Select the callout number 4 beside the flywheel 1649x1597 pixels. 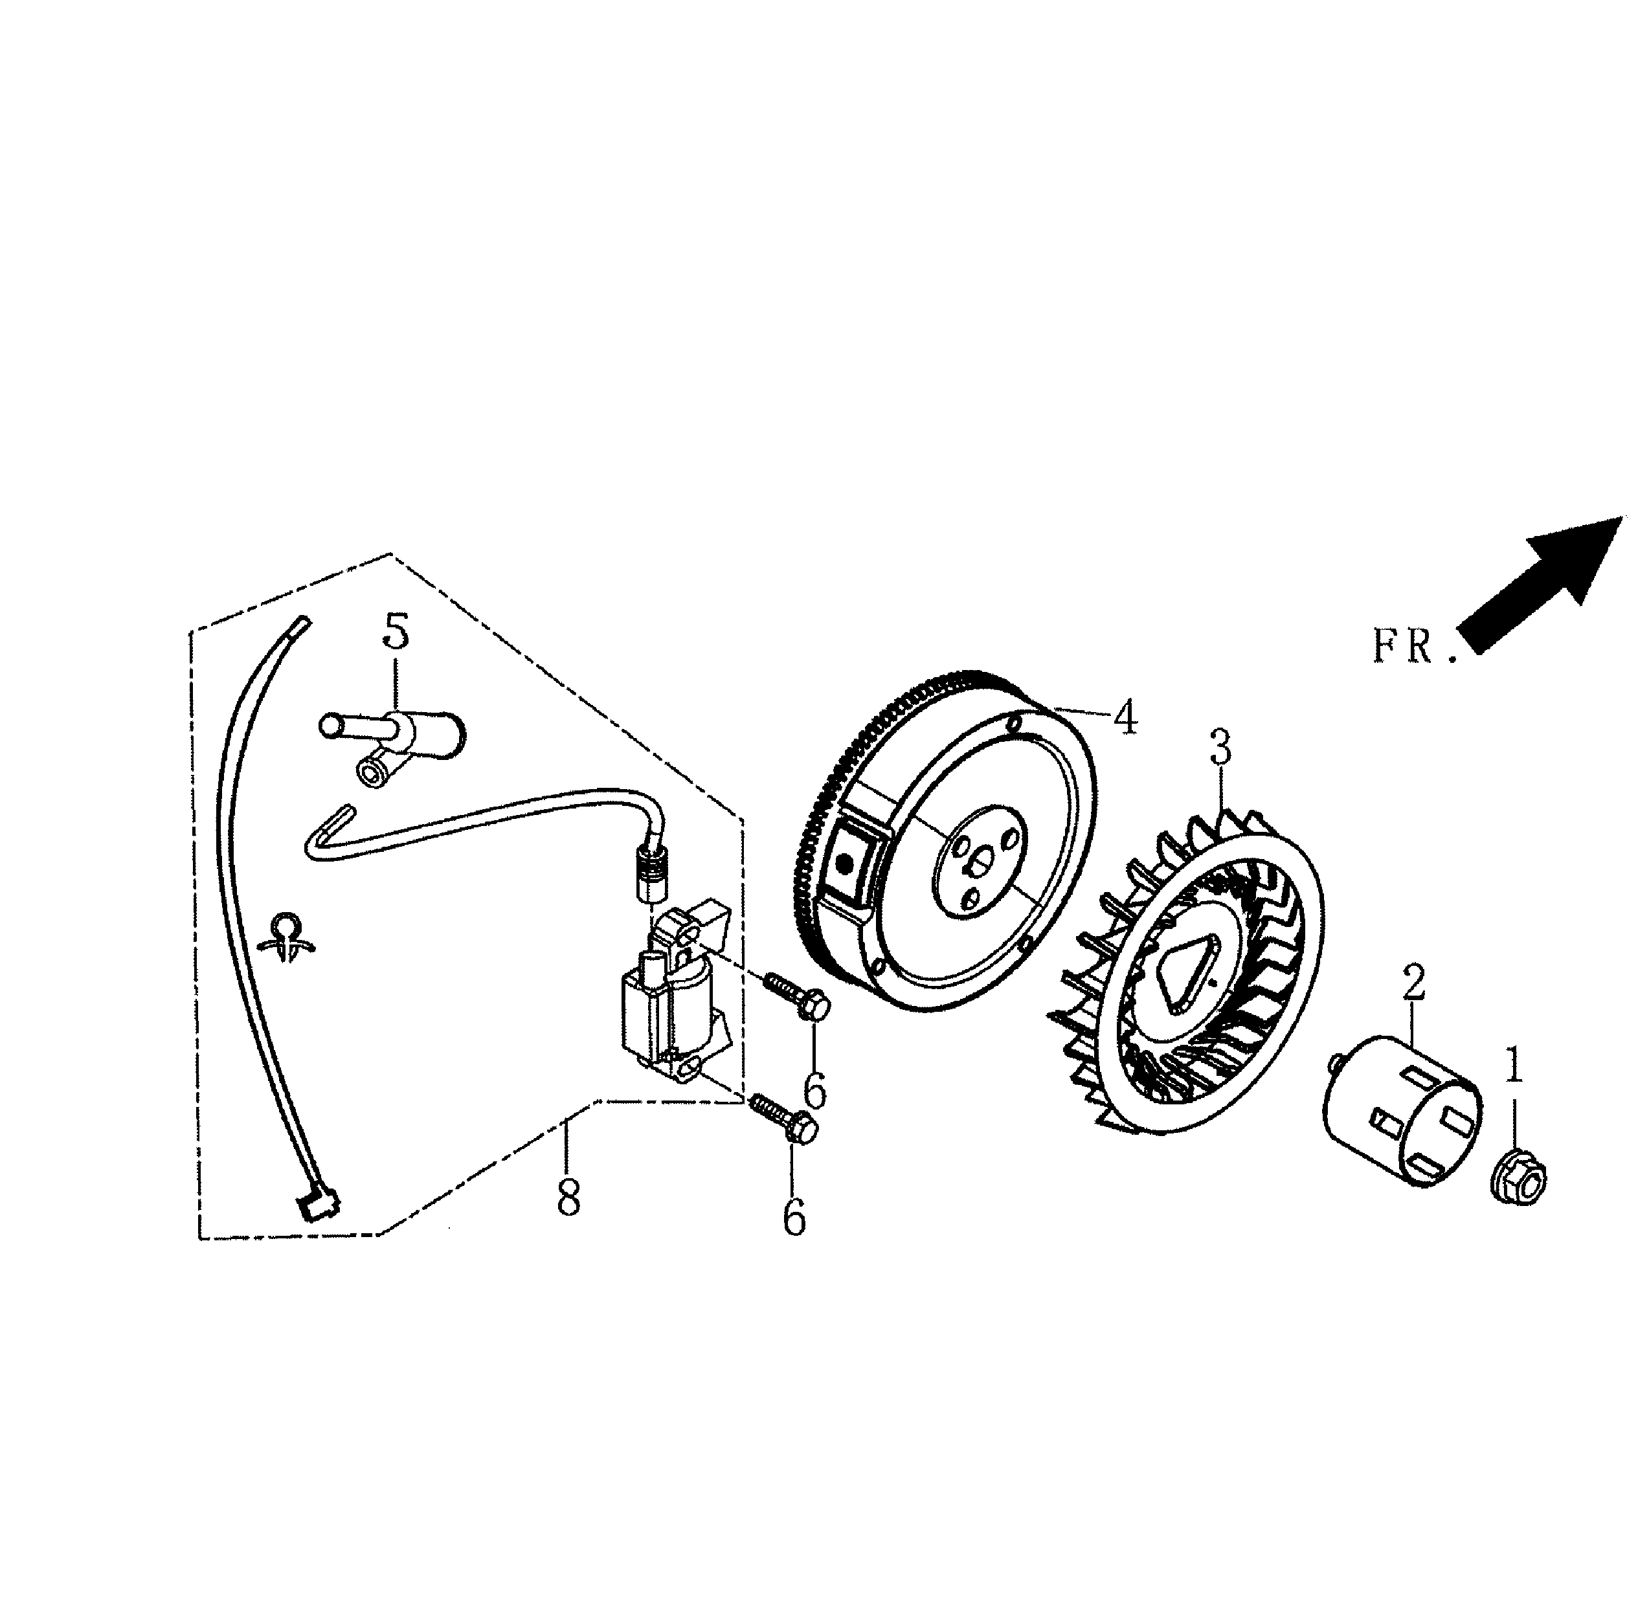pyautogui.click(x=1126, y=718)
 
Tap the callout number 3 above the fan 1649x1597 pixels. pyautogui.click(x=1221, y=746)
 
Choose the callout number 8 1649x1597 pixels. pyautogui.click(x=568, y=1198)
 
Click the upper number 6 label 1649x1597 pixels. pyautogui.click(x=814, y=1091)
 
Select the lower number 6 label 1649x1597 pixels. pyautogui.click(x=794, y=1218)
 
